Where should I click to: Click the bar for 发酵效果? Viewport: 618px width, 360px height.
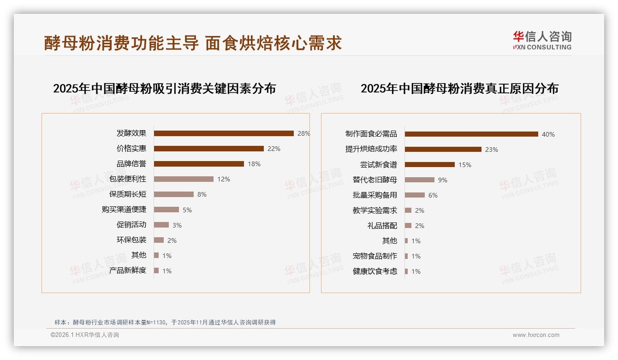pyautogui.click(x=224, y=133)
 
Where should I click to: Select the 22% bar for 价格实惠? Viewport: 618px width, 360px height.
pyautogui.click(x=208, y=149)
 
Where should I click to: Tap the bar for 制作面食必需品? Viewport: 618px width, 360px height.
pyautogui.click(x=471, y=134)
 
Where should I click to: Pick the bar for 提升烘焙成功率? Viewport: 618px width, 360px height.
pyautogui.click(x=443, y=150)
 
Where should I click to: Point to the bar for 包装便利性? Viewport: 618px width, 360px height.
pyautogui.click(x=184, y=179)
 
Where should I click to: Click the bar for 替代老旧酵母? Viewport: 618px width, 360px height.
pyautogui.click(x=419, y=180)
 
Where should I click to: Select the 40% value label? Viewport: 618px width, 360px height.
pyautogui.click(x=548, y=134)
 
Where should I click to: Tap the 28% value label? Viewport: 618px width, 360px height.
pyautogui.click(x=304, y=133)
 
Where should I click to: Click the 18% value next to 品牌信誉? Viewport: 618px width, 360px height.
pyautogui.click(x=254, y=164)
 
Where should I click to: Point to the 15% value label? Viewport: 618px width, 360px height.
pyautogui.click(x=465, y=165)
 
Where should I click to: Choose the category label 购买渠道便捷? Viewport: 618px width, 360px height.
pyautogui.click(x=124, y=210)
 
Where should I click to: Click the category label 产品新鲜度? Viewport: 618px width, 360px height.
pyautogui.click(x=128, y=270)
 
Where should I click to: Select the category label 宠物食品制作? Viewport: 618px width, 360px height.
pyautogui.click(x=374, y=256)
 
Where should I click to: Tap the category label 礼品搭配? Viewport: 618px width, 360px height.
pyautogui.click(x=382, y=226)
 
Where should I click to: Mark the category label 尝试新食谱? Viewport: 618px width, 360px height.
pyautogui.click(x=378, y=165)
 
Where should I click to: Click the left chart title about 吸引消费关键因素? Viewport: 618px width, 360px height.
pyautogui.click(x=164, y=89)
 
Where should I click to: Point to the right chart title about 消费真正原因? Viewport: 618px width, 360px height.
pyautogui.click(x=459, y=89)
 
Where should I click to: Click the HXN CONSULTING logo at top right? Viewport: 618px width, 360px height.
pyautogui.click(x=542, y=41)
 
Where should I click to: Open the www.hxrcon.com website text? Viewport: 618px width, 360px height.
pyautogui.click(x=536, y=335)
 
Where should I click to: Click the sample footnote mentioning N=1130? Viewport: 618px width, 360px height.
pyautogui.click(x=165, y=322)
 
